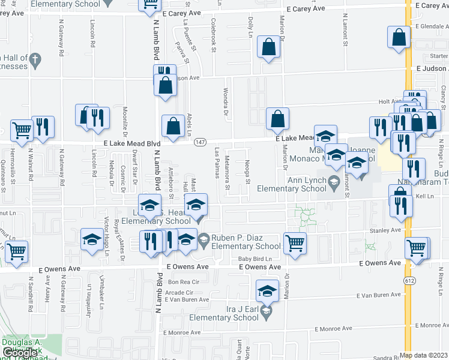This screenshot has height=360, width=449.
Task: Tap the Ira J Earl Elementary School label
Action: [232, 312]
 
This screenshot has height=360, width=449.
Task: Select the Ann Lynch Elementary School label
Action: [292, 183]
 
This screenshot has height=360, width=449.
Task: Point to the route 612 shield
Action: [409, 280]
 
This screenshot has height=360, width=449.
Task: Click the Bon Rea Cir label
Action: [182, 281]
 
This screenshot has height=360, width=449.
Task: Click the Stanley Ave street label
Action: [385, 230]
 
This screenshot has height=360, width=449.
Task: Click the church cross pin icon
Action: [35, 59]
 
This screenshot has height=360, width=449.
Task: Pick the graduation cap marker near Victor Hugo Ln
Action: [92, 239]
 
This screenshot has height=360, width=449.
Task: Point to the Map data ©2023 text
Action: [423, 355]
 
